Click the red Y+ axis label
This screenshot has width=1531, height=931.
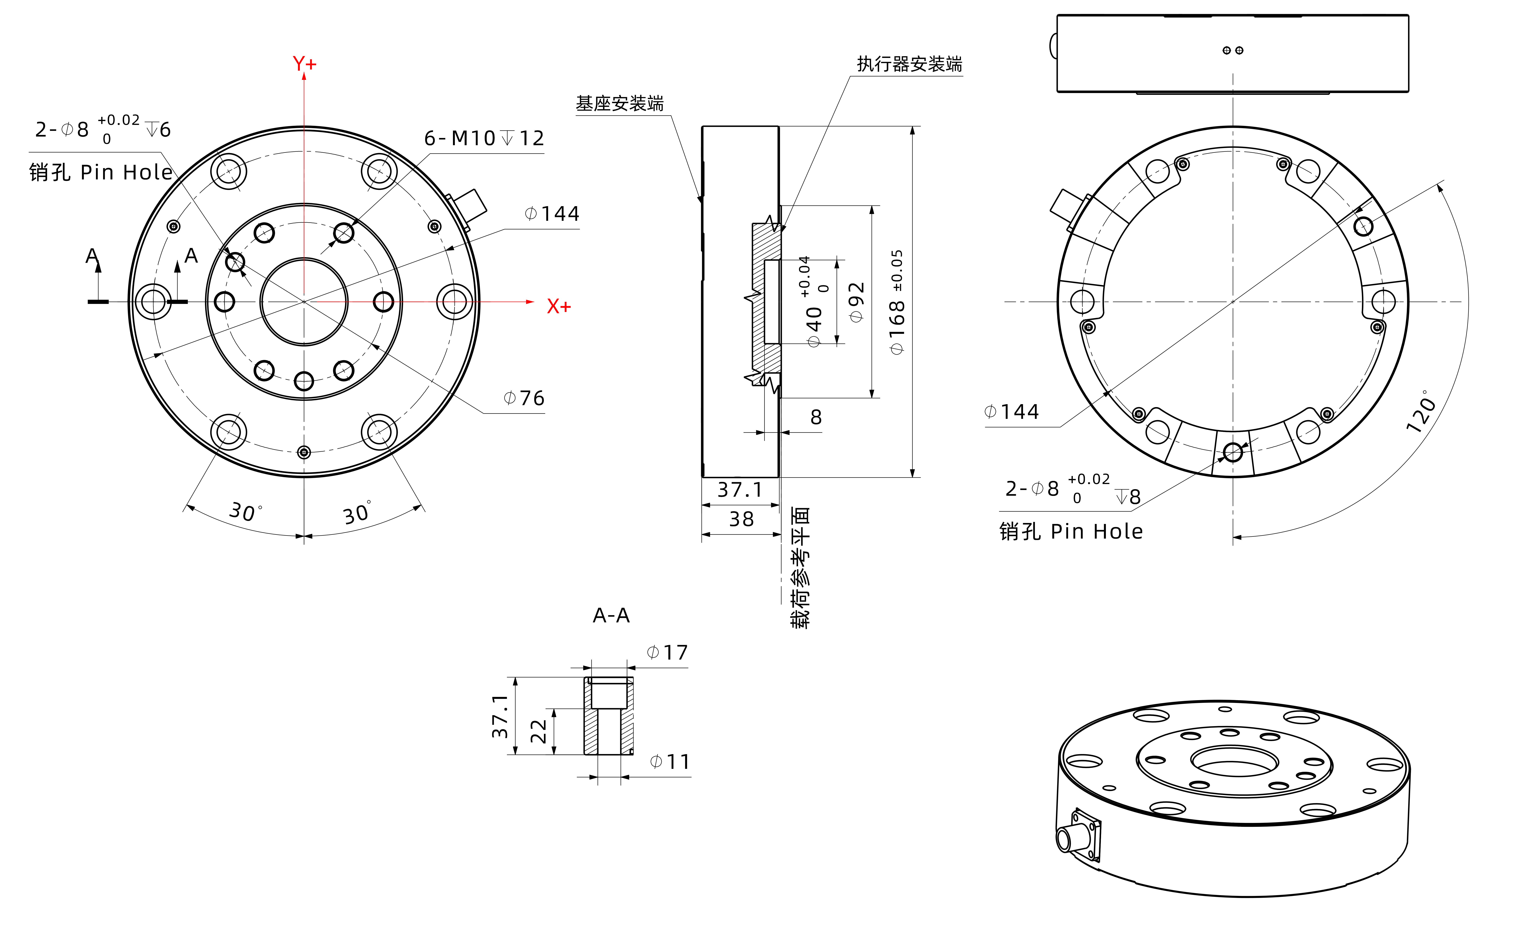tap(305, 63)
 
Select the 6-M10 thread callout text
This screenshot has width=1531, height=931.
tap(483, 138)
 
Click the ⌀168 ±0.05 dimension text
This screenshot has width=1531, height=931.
tap(897, 303)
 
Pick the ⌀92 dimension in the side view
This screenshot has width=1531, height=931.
tap(856, 303)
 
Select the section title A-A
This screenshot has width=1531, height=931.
tap(611, 615)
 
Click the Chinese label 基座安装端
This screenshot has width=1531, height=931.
tap(619, 103)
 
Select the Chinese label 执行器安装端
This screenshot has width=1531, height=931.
tap(909, 64)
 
